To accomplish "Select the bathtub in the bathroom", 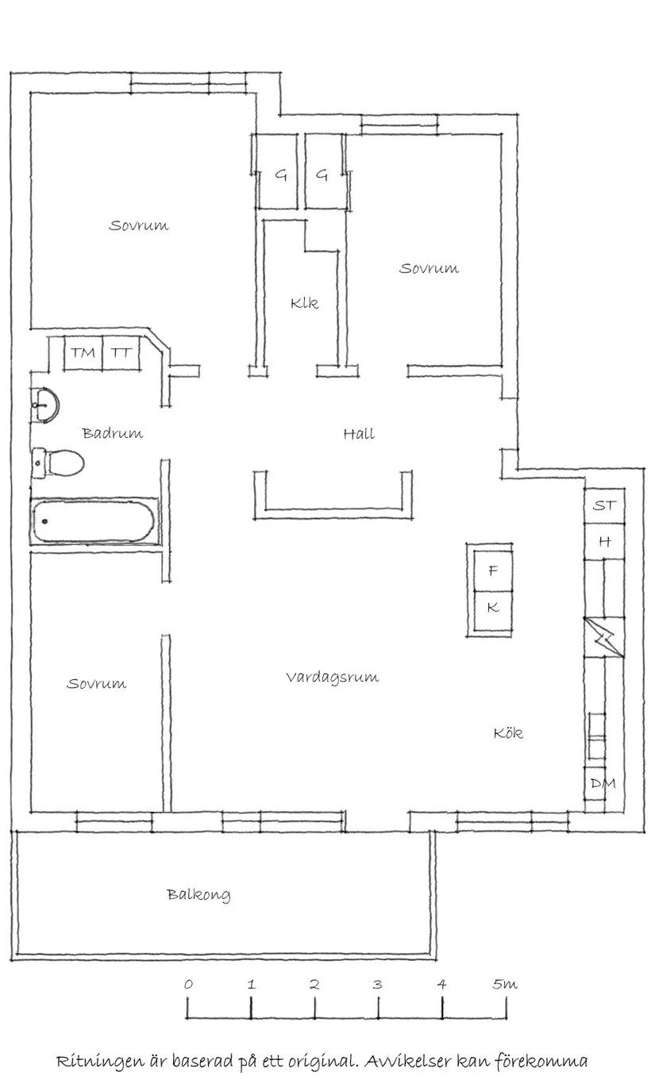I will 94,521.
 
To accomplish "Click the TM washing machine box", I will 83,353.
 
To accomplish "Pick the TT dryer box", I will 121,353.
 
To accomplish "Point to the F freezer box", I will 492,570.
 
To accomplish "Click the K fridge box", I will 492,608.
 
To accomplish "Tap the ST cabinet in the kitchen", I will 604,505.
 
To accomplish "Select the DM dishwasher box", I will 603,784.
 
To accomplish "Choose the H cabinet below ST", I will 604,542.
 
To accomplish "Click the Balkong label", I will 198,895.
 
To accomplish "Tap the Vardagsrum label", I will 332,678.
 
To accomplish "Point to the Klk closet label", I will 304,303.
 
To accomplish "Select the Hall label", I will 359,434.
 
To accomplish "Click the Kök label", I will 508,733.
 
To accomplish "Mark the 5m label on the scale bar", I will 504,985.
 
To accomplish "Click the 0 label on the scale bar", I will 188,985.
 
